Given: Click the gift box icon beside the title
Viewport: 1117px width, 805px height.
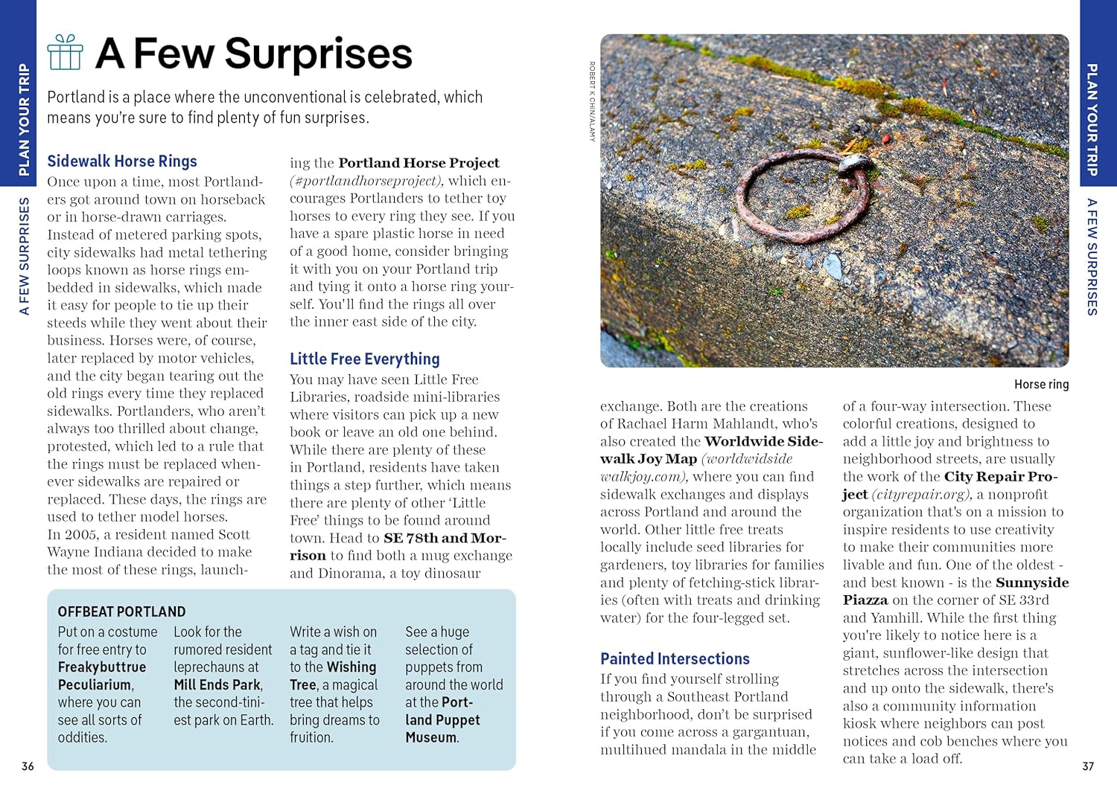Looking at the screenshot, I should pyautogui.click(x=65, y=53).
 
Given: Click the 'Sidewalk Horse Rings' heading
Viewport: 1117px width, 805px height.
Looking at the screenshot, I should pyautogui.click(x=122, y=161).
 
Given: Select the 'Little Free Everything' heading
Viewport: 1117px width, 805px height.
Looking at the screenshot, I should pyautogui.click(x=364, y=359).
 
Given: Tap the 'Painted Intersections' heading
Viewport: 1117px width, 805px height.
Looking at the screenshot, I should pyautogui.click(x=675, y=658).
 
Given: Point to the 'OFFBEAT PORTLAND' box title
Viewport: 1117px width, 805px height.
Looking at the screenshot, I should pyautogui.click(x=121, y=612).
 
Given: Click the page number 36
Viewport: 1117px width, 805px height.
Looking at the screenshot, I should pyautogui.click(x=28, y=766).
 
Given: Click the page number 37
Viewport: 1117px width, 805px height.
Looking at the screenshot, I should pyautogui.click(x=1088, y=766).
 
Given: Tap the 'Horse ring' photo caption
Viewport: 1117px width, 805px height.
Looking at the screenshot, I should pyautogui.click(x=1041, y=384).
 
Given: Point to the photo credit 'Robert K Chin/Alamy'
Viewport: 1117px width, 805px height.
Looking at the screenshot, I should pyautogui.click(x=592, y=101).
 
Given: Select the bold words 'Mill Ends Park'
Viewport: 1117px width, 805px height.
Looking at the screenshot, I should pyautogui.click(x=217, y=684).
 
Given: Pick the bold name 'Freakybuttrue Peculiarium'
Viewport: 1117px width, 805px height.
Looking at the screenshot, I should pyautogui.click(x=101, y=676).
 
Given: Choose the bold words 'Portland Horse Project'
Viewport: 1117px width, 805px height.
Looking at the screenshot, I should pyautogui.click(x=419, y=163).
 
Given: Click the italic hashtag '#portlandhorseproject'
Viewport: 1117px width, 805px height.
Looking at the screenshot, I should pyautogui.click(x=366, y=181).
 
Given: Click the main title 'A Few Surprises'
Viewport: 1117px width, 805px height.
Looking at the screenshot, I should pyautogui.click(x=253, y=54).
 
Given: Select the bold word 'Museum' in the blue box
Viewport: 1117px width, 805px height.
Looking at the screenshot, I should pyautogui.click(x=430, y=737).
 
